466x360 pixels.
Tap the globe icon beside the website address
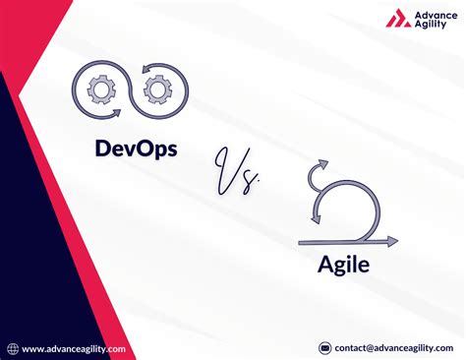pos(13,348)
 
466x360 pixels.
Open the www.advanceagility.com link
pos(73,348)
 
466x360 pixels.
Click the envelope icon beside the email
pos(324,347)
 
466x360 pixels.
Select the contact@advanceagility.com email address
pos(394,347)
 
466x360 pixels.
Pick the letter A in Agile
pos(324,266)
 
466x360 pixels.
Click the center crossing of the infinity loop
pos(130,90)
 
